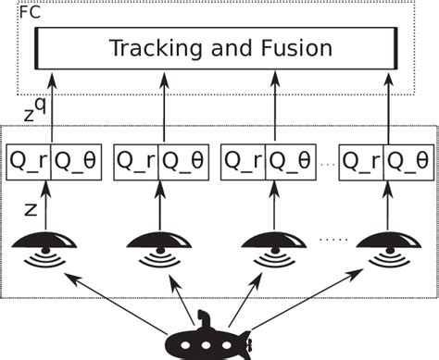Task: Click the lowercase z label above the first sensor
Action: click(x=30, y=211)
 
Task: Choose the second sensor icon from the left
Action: click(x=157, y=250)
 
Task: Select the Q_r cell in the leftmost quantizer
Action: click(x=29, y=162)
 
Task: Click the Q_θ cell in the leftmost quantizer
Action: click(x=74, y=162)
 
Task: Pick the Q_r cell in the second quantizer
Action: click(x=136, y=162)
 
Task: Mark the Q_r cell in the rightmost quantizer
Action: click(x=362, y=162)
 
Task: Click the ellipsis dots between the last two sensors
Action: click(x=331, y=238)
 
